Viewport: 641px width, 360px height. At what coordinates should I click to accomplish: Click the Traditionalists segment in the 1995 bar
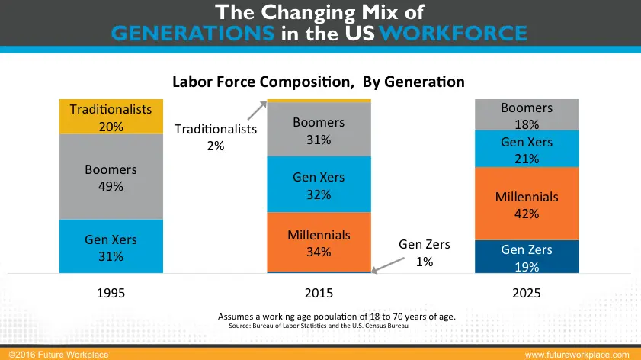pos(111,116)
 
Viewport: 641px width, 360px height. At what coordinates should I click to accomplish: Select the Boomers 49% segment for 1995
pos(111,176)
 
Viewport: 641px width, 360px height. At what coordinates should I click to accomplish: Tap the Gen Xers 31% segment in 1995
pos(111,247)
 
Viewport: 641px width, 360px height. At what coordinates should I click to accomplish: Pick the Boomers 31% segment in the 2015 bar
pos(319,130)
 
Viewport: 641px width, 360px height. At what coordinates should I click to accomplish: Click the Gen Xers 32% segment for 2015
pos(319,185)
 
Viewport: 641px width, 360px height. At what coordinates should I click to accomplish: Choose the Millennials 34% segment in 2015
pos(319,243)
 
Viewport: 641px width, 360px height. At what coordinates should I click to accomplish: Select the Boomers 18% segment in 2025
pos(527,114)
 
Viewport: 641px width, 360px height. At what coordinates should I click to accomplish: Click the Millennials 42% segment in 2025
pos(527,204)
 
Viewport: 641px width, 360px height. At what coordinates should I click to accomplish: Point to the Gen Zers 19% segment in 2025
pos(527,257)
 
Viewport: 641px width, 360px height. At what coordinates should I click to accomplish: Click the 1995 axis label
pos(111,293)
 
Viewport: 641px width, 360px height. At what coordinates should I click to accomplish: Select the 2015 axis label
pos(319,293)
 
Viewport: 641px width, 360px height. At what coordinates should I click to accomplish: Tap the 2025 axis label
pos(527,293)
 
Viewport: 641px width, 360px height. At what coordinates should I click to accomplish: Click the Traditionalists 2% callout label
pos(216,137)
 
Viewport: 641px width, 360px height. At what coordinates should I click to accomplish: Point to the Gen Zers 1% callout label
pos(425,252)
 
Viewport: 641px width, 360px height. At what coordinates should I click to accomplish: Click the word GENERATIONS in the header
pos(193,33)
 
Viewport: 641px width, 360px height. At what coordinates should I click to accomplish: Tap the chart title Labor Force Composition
pos(318,81)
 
